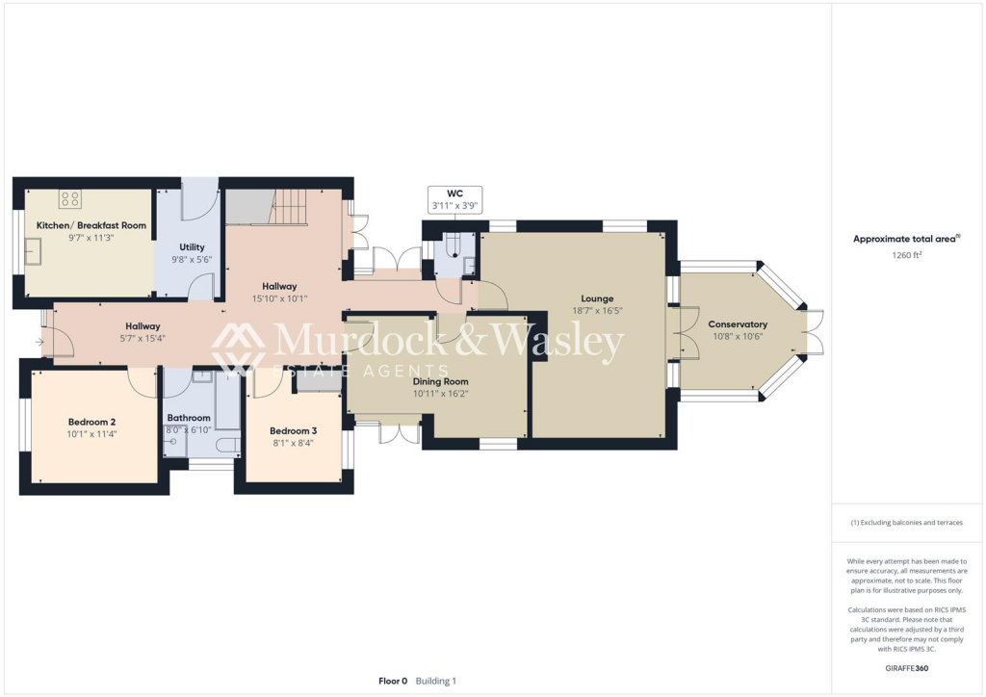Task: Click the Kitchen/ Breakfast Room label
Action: [x=91, y=225]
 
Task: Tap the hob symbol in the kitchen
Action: [x=70, y=199]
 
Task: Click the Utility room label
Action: [x=192, y=247]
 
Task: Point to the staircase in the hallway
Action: [x=286, y=206]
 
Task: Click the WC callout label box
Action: [x=455, y=198]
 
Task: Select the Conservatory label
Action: [x=738, y=324]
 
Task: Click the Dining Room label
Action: [x=441, y=381]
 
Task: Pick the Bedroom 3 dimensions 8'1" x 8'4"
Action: [x=292, y=443]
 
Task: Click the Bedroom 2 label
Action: [x=92, y=422]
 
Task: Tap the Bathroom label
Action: [x=189, y=417]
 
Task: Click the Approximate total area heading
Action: [x=906, y=239]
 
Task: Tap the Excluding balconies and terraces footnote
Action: [x=907, y=523]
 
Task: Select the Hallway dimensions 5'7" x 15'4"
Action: [x=142, y=338]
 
